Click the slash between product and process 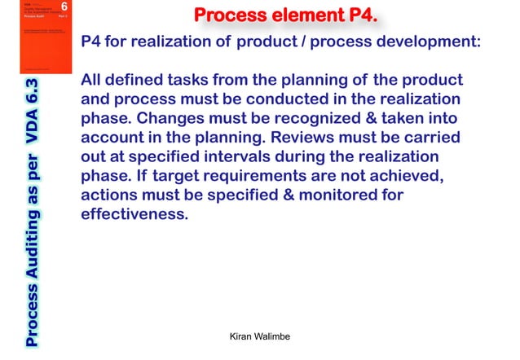pyautogui.click(x=298, y=42)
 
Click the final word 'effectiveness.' pyautogui.click(x=134, y=215)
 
